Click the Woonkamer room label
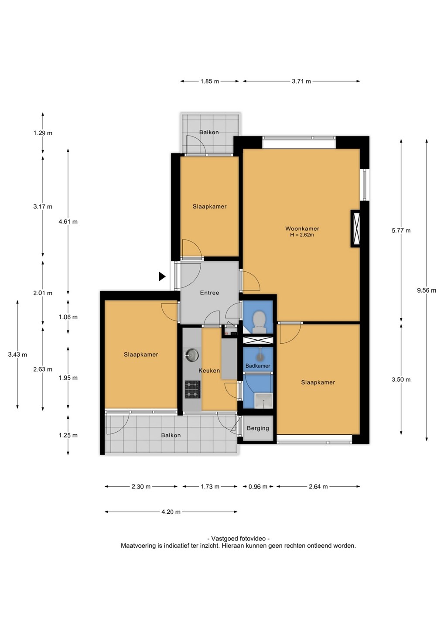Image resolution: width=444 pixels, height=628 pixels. click(x=302, y=229)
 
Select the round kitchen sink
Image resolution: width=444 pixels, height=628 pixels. click(x=192, y=355)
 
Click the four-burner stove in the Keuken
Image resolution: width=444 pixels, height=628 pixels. click(x=192, y=389)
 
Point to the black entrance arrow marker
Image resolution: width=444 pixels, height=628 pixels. click(x=162, y=276)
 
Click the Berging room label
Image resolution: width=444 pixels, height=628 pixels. click(x=258, y=428)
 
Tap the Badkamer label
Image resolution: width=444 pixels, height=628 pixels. click(x=258, y=365)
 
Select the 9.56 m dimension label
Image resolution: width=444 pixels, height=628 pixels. click(x=427, y=290)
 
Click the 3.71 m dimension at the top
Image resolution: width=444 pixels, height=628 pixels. click(x=301, y=81)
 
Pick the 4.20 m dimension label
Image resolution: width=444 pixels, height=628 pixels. click(x=171, y=512)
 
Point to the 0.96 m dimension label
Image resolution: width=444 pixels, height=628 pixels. click(x=258, y=486)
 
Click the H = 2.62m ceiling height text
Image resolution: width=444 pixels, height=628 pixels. click(x=302, y=235)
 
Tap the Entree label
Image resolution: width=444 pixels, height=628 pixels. click(x=209, y=293)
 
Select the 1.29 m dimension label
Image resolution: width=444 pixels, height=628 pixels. click(x=43, y=133)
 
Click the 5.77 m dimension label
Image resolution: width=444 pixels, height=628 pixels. click(x=401, y=230)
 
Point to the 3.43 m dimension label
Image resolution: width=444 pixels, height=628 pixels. click(x=17, y=355)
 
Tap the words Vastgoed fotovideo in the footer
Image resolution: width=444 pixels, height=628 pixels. click(x=238, y=538)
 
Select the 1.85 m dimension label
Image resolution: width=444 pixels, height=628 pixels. click(x=209, y=81)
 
